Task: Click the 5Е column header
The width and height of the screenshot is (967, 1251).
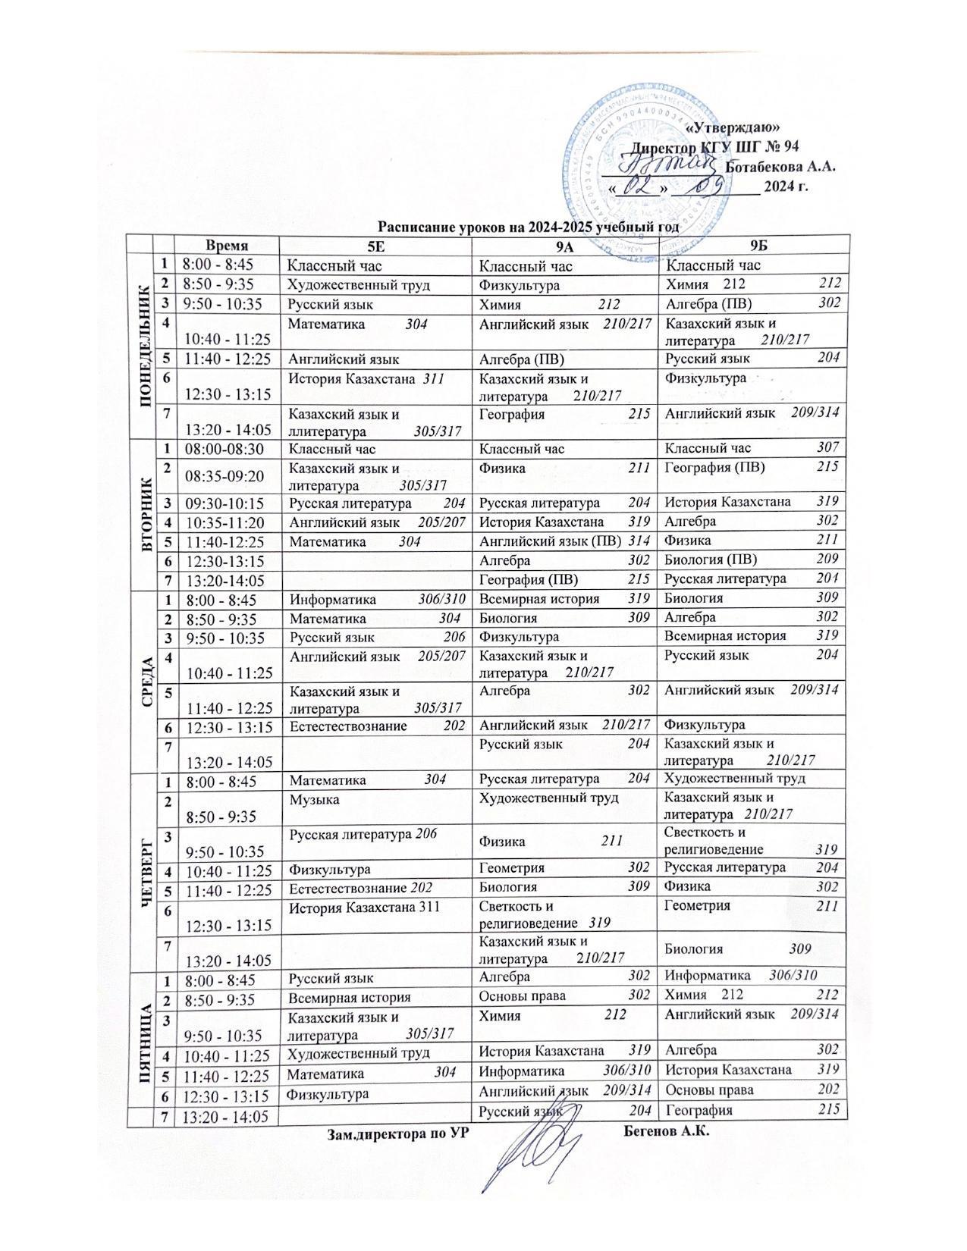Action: [375, 246]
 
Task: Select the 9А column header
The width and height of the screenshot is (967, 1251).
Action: [565, 246]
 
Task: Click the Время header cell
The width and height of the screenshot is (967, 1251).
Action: [227, 246]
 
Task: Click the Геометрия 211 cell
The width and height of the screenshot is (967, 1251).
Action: [751, 914]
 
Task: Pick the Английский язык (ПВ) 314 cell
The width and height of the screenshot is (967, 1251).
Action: [565, 541]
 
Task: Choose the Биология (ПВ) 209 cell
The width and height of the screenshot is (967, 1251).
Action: [751, 560]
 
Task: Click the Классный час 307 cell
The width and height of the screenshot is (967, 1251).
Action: [751, 448]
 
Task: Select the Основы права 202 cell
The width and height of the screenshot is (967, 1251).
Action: [751, 1090]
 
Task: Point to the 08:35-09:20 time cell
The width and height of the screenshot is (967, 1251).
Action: [225, 475]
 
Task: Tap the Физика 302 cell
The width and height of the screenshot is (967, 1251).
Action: [751, 886]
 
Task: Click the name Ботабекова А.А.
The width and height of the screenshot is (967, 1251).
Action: [780, 167]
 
